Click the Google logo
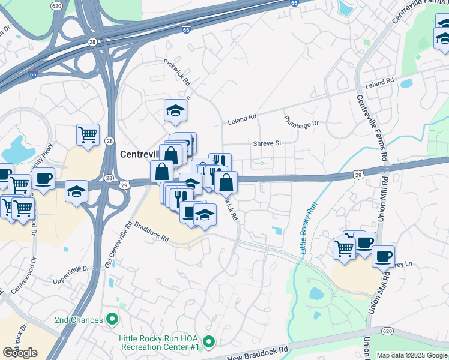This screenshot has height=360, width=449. (20, 353)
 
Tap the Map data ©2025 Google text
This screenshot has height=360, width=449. (412, 355)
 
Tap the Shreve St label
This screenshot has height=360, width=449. (267, 143)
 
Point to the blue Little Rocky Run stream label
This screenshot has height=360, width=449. (309, 229)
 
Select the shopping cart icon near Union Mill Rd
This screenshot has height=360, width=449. (344, 247)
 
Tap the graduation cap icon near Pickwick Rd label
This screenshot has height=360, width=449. (175, 110)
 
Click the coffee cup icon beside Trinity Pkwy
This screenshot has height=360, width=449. (43, 178)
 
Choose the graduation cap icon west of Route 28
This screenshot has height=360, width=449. (76, 191)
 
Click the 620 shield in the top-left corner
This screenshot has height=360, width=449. (56, 5)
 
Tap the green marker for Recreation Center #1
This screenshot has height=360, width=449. (208, 343)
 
